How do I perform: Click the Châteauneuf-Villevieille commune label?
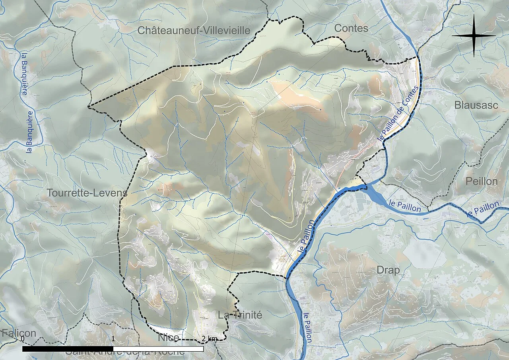tap(194, 30)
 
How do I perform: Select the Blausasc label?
tap(476, 105)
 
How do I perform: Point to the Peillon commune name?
tap(481, 181)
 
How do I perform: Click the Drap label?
tap(388, 270)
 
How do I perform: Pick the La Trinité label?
tap(240, 315)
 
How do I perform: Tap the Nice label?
tap(168, 338)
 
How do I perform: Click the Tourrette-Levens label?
tap(87, 193)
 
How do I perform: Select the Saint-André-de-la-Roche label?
tap(125, 352)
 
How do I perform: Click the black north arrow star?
tap(474, 36)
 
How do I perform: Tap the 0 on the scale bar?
tap(23, 339)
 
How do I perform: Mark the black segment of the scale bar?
tap(68, 349)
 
